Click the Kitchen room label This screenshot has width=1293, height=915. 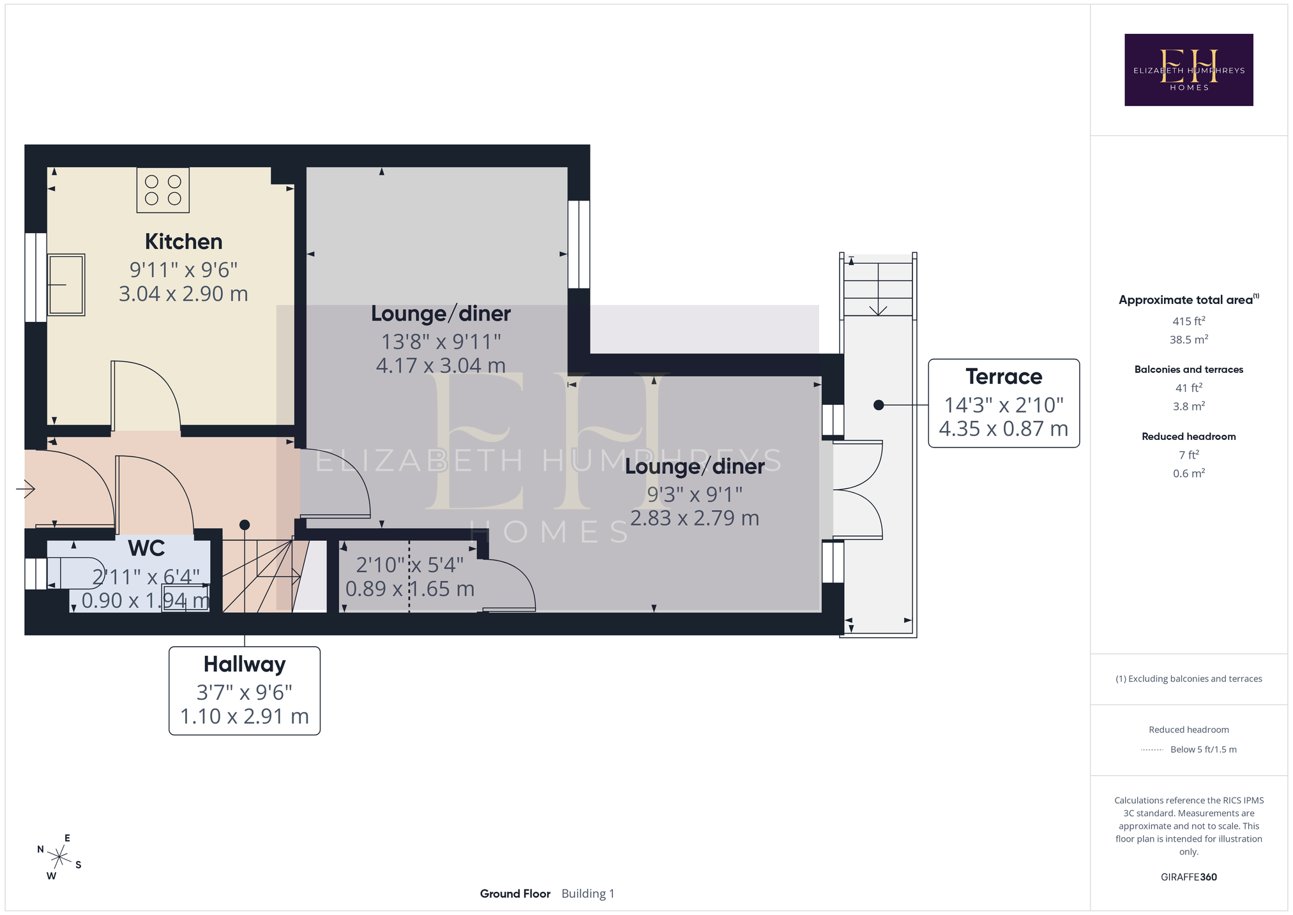point(183,242)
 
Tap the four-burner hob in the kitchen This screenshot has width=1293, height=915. point(163,190)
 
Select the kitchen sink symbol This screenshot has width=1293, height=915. point(66,285)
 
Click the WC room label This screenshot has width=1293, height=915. point(146,548)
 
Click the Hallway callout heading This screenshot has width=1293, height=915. point(245,665)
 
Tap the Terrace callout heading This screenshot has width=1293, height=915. point(1004,377)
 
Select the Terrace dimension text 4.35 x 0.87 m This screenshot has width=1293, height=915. point(1004,429)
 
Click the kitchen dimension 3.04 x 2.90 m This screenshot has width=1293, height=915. point(183,294)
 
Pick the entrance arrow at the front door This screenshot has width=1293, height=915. point(26,489)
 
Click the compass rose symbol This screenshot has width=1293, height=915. point(59,857)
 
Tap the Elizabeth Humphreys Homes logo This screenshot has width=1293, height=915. point(1188,70)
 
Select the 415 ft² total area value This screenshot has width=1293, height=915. point(1188,321)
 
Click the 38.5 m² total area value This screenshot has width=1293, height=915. point(1188,340)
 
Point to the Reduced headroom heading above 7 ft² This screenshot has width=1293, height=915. point(1188,437)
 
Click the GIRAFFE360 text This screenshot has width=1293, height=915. point(1188,877)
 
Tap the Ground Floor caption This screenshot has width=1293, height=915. point(515,894)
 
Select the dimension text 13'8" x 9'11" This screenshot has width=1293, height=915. point(441,342)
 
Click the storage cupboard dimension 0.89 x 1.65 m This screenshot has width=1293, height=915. point(410,589)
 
